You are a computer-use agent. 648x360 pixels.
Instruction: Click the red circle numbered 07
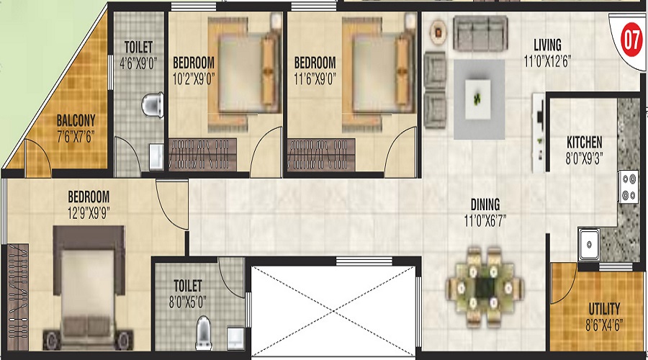coord(631,40)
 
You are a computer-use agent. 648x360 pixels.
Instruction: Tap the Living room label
coord(547,45)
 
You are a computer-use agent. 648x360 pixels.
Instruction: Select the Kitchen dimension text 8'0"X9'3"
coord(583,158)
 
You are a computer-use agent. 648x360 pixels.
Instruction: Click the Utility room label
coord(604,309)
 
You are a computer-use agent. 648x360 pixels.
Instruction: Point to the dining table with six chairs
coord(485,288)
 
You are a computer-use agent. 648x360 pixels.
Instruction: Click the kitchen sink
coord(588,244)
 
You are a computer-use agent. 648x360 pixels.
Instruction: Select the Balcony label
coord(76,121)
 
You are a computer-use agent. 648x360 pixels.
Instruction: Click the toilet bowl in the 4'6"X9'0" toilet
coord(152,105)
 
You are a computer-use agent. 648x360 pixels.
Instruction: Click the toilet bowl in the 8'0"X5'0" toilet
coord(204,331)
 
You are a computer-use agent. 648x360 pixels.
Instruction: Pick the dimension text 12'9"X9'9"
coord(89,212)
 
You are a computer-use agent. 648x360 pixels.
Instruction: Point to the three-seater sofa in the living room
coord(480,33)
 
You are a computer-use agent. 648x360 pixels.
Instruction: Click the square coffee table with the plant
coord(478,99)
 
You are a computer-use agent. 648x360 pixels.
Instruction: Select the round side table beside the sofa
coord(438,32)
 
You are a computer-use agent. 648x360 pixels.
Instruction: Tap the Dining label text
coord(485,204)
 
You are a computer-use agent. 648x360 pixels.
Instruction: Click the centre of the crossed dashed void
coord(333,311)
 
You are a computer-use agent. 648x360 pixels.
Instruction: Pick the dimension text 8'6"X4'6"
coord(604,325)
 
